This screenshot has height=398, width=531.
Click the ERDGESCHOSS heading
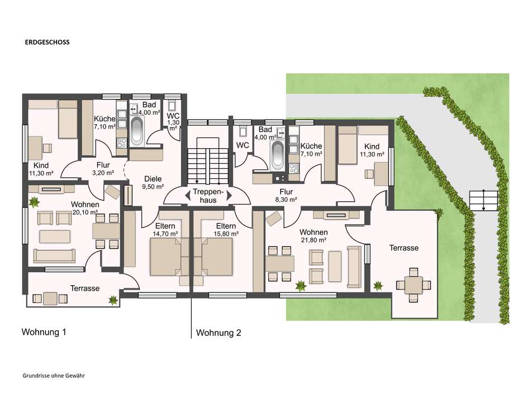(x=47, y=42)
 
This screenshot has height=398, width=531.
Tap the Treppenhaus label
(x=208, y=196)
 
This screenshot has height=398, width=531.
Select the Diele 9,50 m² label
(x=153, y=182)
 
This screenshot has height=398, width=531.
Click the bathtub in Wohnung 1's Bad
(x=137, y=131)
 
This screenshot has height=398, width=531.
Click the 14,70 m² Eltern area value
(x=165, y=234)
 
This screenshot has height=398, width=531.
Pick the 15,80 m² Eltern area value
(x=226, y=234)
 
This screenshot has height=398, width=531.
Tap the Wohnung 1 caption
(x=44, y=332)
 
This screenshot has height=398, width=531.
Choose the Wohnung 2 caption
(x=219, y=333)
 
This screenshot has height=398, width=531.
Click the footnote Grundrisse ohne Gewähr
(x=54, y=375)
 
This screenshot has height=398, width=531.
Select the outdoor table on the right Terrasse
(x=414, y=285)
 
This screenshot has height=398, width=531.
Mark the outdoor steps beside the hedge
(x=483, y=201)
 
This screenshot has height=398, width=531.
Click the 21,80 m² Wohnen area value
(x=314, y=240)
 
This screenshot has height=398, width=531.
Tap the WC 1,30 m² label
(x=173, y=122)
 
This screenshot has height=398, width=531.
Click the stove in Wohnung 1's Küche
(x=122, y=143)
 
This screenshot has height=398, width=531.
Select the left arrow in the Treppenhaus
(x=187, y=196)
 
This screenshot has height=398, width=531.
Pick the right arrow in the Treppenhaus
(x=229, y=196)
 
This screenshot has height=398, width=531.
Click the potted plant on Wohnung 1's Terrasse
(x=113, y=300)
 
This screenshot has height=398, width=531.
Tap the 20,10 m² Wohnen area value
(x=85, y=212)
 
